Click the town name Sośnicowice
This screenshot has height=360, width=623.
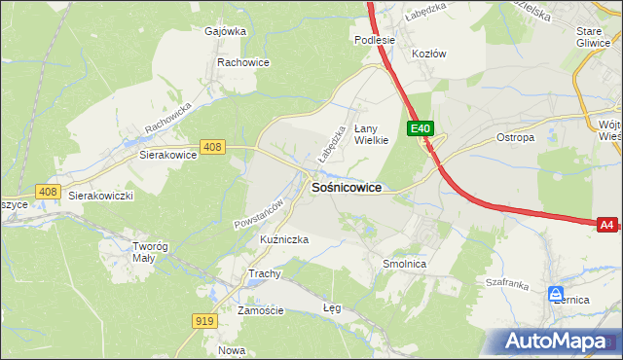click(x=346, y=187)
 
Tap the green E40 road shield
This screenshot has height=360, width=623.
click(x=421, y=128)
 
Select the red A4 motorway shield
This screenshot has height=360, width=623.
click(x=606, y=225)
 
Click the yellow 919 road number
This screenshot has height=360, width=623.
click(x=204, y=321)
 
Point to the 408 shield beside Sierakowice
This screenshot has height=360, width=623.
click(x=213, y=147)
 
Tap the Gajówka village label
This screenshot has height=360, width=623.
click(x=225, y=30)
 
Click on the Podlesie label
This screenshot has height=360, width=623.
click(x=374, y=40)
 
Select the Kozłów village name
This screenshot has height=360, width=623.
click(x=428, y=54)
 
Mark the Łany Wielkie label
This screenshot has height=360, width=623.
click(x=371, y=133)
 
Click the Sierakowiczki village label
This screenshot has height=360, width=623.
click(x=100, y=195)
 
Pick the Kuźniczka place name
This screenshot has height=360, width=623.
click(x=258, y=239)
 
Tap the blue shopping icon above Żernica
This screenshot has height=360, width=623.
click(x=555, y=293)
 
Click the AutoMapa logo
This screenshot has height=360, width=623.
click(x=559, y=342)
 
